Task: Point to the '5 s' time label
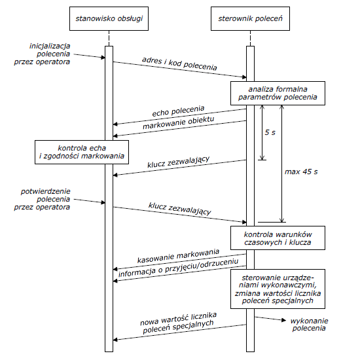(x=270, y=132)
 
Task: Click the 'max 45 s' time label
(x=301, y=171)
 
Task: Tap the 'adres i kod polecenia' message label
(x=179, y=63)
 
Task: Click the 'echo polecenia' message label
(x=178, y=111)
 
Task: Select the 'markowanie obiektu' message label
(x=179, y=122)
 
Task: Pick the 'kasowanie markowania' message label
(x=178, y=256)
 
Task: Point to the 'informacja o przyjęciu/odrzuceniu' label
(x=179, y=268)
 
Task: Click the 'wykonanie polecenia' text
(x=309, y=325)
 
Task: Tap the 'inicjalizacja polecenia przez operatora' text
(x=43, y=54)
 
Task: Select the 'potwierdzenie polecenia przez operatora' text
(x=43, y=199)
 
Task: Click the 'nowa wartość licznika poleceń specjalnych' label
(x=179, y=323)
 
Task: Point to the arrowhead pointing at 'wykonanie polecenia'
(x=284, y=320)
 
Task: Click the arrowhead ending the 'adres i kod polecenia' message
(x=244, y=77)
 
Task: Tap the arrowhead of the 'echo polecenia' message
(x=115, y=124)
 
